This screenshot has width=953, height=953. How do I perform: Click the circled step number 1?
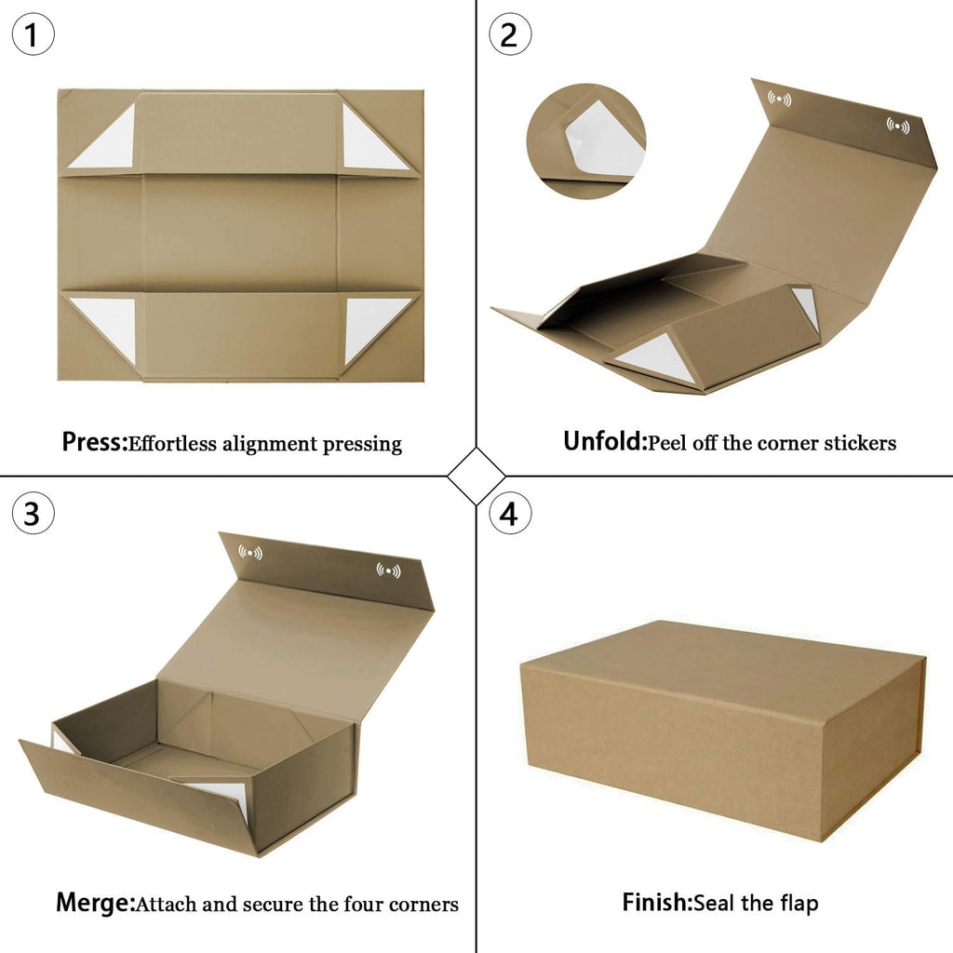[33, 34]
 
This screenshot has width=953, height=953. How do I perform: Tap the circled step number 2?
[510, 34]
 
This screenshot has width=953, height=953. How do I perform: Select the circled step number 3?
[33, 513]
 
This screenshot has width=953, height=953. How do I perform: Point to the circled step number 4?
[510, 513]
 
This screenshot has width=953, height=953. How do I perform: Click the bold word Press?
[94, 442]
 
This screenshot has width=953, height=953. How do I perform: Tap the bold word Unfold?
[605, 441]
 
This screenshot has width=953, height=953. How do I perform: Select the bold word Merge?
[95, 904]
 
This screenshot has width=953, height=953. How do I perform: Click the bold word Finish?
[657, 902]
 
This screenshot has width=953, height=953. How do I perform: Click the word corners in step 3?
[423, 904]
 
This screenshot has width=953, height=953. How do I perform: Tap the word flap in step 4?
[799, 903]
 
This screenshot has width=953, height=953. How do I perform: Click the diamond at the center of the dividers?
[476, 476]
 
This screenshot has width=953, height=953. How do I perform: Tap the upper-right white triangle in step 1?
[365, 146]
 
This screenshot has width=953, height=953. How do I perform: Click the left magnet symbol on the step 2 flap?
[779, 99]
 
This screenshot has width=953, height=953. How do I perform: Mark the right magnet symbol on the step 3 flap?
[388, 570]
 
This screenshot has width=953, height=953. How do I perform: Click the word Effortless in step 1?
[172, 444]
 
